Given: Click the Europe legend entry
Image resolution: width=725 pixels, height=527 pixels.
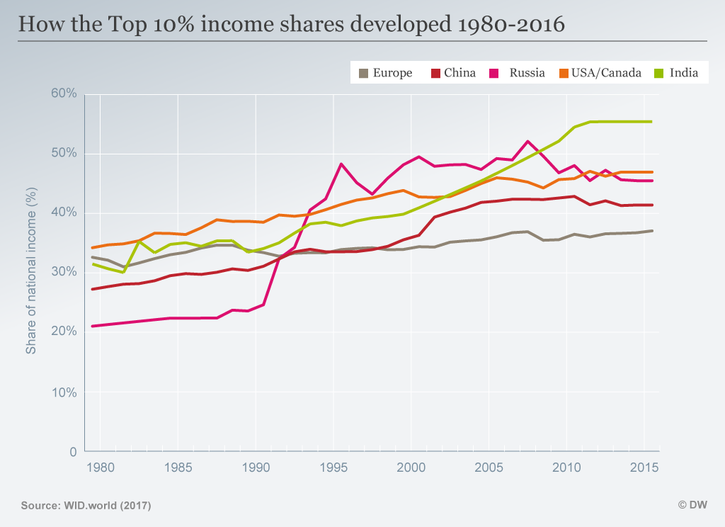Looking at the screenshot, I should (386, 73).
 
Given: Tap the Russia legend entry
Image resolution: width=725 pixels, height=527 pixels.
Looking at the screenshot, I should (520, 73).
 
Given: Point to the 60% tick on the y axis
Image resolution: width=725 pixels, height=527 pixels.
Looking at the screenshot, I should (64, 94).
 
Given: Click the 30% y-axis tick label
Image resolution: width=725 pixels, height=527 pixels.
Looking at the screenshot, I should (64, 273).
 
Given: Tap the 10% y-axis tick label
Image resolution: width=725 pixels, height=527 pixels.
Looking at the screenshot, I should (64, 392).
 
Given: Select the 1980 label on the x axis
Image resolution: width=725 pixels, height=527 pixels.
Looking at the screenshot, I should (100, 467).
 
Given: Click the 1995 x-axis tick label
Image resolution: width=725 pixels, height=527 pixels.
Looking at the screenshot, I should (333, 467).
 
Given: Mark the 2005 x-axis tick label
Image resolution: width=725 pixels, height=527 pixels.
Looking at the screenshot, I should (488, 467).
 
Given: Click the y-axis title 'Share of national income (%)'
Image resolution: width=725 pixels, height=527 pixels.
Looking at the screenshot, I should (31, 273).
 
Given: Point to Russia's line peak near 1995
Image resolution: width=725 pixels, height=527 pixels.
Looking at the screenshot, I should (341, 164).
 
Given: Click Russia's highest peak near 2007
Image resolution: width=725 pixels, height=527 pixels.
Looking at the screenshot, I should (527, 141).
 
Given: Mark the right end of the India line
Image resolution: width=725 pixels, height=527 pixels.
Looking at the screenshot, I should (651, 121).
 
